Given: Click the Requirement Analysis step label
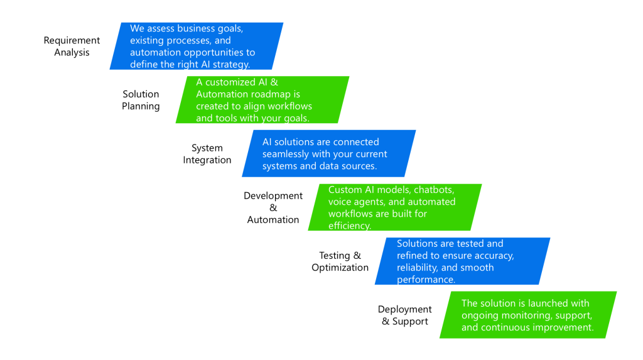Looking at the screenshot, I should (x=72, y=46).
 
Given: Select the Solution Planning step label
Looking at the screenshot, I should (x=141, y=101).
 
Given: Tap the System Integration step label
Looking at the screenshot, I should (x=207, y=154).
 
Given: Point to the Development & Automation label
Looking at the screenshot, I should (x=273, y=208).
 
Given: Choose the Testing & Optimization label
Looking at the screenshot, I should (x=340, y=261).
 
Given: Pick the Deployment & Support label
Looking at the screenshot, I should (x=405, y=315).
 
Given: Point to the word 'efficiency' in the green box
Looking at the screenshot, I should (x=350, y=226).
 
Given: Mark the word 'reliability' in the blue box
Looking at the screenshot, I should (x=420, y=268).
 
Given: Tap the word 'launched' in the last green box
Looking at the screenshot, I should (x=550, y=303).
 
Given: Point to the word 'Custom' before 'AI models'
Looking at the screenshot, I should (x=345, y=190).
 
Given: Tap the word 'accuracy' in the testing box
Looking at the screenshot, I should (x=494, y=256).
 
